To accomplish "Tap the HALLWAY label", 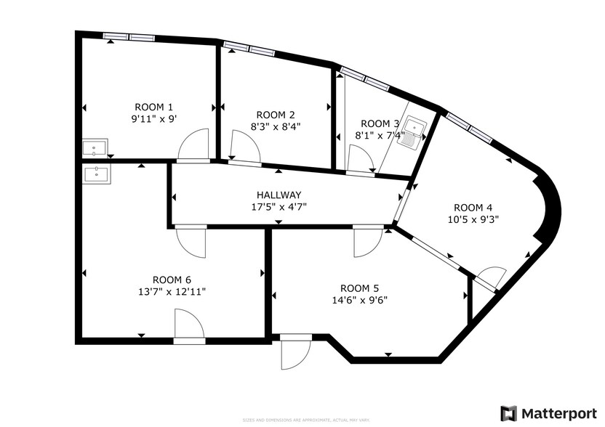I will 279,195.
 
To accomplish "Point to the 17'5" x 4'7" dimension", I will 279,206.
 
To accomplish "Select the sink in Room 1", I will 95,148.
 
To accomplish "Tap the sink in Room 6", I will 97,174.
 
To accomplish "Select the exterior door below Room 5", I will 294,352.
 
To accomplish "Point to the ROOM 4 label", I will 473,206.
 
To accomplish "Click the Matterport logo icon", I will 509,412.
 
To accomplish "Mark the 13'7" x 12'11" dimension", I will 172,291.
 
